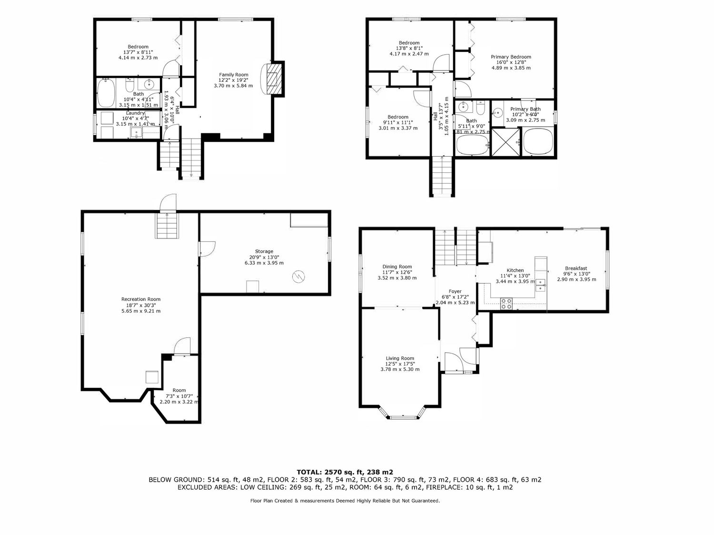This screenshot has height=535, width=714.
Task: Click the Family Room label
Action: tap(233, 74)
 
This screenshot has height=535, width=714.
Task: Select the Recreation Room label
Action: tap(141, 299)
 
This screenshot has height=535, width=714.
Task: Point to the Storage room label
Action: tap(264, 251)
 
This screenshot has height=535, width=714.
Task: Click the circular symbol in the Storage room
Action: tap(299, 277)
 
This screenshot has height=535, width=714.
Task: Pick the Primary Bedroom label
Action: tap(511, 57)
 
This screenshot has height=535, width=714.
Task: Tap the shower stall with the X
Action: tap(506, 142)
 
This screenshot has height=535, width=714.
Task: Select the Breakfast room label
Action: tap(576, 268)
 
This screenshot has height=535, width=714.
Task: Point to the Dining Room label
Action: tap(397, 267)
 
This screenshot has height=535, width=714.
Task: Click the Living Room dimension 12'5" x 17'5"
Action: tap(400, 364)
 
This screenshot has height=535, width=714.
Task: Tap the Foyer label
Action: tap(455, 291)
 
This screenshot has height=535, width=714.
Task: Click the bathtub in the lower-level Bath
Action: tap(106, 93)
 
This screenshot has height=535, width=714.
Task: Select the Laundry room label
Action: tap(135, 113)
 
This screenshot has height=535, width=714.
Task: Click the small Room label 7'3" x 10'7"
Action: tap(179, 396)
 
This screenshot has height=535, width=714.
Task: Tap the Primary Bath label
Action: tap(526, 109)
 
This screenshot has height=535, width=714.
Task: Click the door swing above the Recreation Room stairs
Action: tap(168, 203)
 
